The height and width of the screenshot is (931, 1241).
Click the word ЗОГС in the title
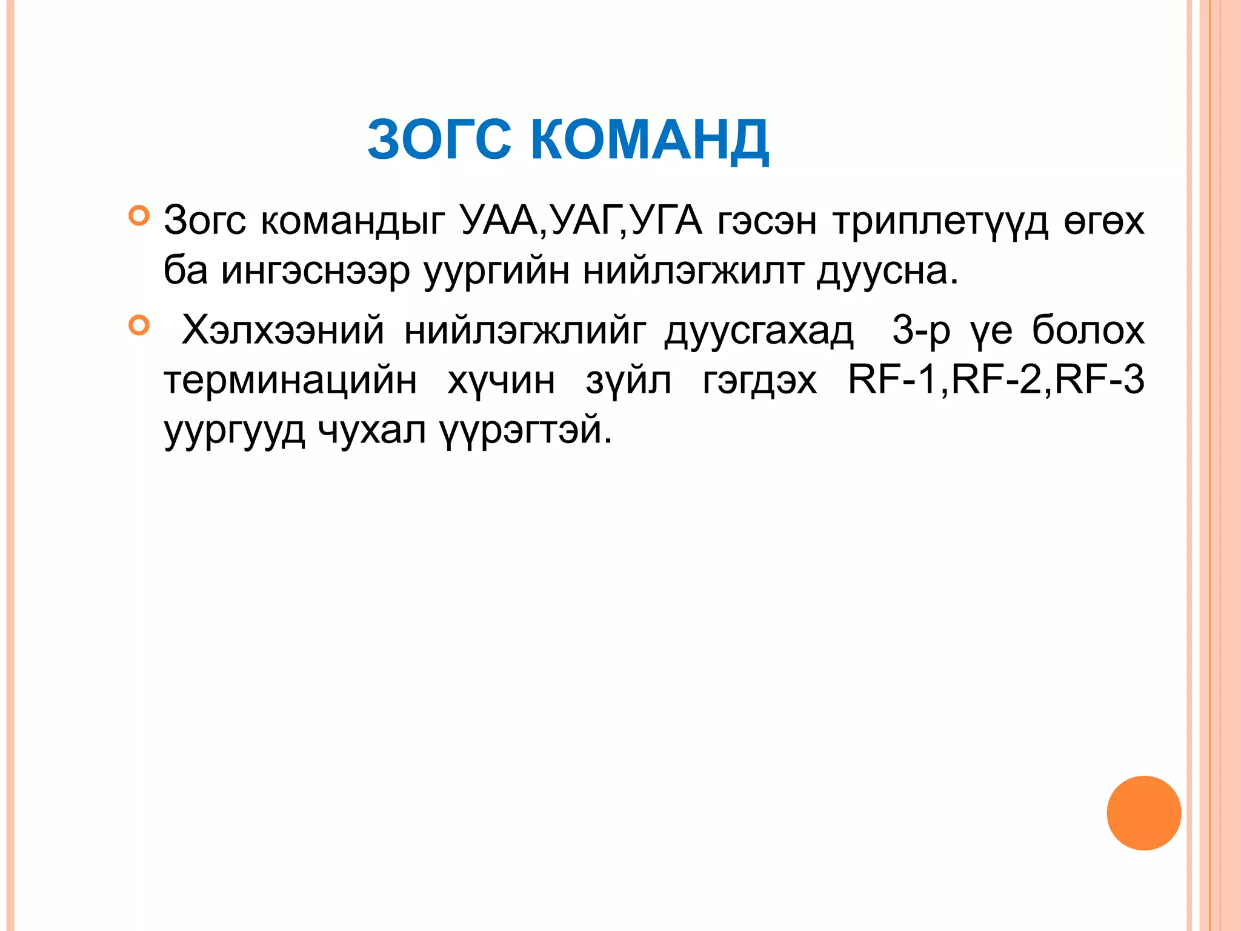(x=439, y=140)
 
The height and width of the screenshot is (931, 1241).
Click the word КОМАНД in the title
(x=650, y=141)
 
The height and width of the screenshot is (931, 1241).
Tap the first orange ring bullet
(x=139, y=215)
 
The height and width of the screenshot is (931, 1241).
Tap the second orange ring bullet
(x=139, y=325)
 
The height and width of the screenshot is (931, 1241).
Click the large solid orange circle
(x=1143, y=813)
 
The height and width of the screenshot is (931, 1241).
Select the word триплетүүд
(x=940, y=222)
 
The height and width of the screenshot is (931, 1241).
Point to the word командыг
(x=353, y=222)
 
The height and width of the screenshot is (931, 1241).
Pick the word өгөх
(x=1104, y=222)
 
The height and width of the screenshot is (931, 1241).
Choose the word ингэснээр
(x=314, y=272)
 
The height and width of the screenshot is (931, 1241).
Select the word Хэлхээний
(x=283, y=331)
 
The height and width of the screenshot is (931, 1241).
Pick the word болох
(x=1088, y=331)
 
